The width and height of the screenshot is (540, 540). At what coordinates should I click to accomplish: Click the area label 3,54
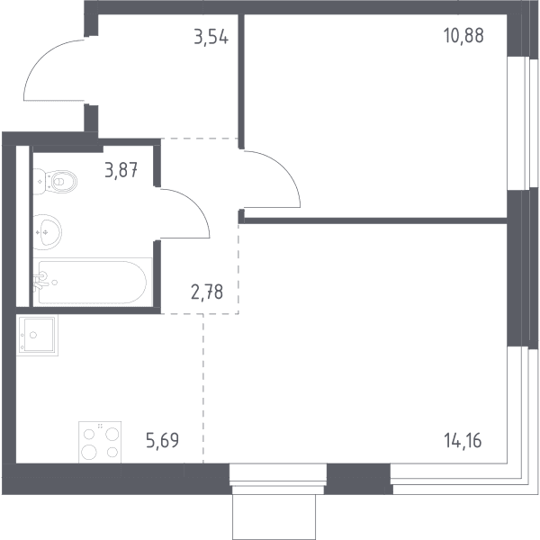coord(211,37)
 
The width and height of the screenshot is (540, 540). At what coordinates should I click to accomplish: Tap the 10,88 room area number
coord(463,35)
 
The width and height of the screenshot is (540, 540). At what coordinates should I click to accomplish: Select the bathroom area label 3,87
coord(121,170)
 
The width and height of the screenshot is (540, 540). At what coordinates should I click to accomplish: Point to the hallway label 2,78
coord(207,292)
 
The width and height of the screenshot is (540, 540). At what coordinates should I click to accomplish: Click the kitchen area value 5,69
coord(163,440)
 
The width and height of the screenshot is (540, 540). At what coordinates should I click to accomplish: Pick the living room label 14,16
coord(463,441)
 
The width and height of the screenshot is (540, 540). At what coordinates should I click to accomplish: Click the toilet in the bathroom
coord(55,181)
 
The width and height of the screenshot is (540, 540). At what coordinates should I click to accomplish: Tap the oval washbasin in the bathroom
coord(48,232)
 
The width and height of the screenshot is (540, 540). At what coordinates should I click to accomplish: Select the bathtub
coord(93,282)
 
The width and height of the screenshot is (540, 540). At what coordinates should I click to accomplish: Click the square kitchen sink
coord(37,335)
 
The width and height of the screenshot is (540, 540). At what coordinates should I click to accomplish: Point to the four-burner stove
coord(100,442)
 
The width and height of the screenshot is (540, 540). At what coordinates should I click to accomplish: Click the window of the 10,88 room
coord(518,123)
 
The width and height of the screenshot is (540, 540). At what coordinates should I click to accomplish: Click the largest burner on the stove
coord(89,452)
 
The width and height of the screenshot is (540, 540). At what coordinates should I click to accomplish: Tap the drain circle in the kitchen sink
coord(33,335)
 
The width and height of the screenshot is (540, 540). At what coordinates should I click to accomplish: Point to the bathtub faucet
coord(40,280)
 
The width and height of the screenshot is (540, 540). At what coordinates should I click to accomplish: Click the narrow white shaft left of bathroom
coord(22,226)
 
